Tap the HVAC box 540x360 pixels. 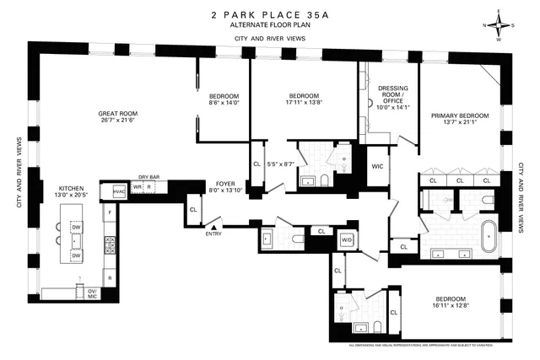pyautogui.click(x=108, y=191)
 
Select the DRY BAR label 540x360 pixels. pyautogui.click(x=148, y=177)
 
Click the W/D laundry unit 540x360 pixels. pyautogui.click(x=346, y=240)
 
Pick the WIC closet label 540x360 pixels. pyautogui.click(x=377, y=167)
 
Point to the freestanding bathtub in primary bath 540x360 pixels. pyautogui.click(x=489, y=234)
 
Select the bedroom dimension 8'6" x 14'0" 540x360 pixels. pyautogui.click(x=224, y=103)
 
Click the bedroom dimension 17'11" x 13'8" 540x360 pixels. pyautogui.click(x=303, y=103)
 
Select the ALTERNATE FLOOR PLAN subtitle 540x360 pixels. pyautogui.click(x=269, y=27)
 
